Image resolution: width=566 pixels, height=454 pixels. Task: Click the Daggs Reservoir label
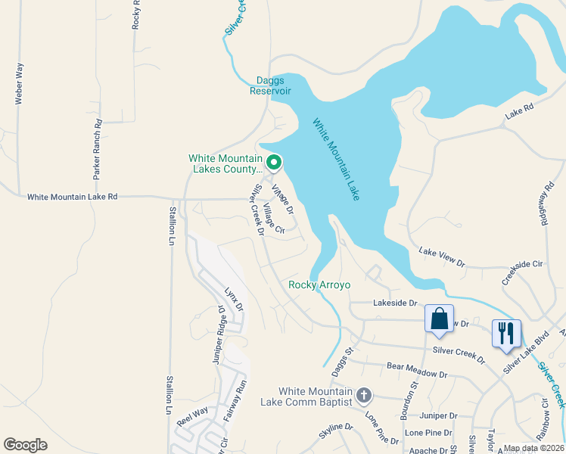(x=271, y=85)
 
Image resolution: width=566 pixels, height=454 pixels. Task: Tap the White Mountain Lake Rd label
(x=73, y=197)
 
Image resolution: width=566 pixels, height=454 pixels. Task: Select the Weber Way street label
(x=19, y=84)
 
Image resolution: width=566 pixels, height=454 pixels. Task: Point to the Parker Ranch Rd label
(x=98, y=148)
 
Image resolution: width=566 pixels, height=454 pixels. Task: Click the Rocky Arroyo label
(x=319, y=285)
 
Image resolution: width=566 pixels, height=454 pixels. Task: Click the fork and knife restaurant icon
(x=506, y=334)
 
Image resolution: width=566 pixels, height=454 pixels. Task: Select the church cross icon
(x=364, y=396)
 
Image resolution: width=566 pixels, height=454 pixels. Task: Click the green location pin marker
(x=274, y=162)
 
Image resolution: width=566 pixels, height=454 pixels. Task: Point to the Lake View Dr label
(x=442, y=256)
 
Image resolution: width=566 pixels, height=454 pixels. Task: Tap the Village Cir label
(x=274, y=219)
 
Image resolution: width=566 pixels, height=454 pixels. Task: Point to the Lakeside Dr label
(x=395, y=303)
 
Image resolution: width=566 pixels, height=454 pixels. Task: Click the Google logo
(x=26, y=445)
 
